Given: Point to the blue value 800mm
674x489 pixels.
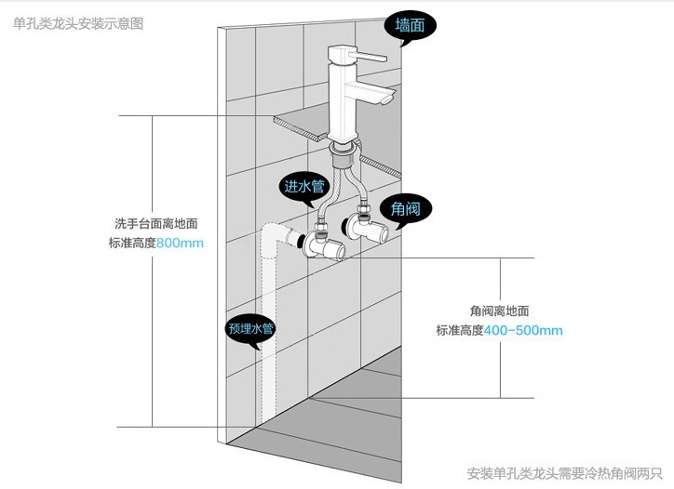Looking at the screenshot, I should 179,244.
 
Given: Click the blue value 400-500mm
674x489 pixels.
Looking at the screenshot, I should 523,331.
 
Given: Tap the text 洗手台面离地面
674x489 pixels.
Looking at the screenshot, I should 155,224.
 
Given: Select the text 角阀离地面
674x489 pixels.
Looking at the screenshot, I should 500,311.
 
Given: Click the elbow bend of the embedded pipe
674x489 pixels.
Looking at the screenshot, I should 270,232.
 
